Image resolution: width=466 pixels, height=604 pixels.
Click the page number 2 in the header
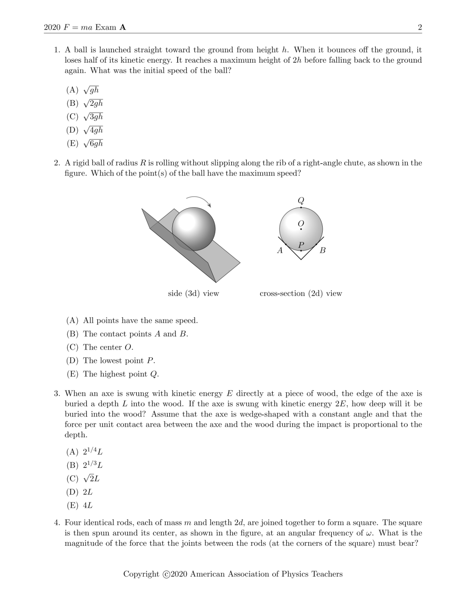point(420,28)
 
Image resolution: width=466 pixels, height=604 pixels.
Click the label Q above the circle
point(301,200)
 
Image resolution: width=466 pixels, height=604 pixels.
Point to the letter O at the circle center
point(301,223)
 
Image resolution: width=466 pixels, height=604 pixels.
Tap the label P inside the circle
point(301,245)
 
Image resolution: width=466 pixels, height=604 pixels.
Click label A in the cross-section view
point(280,250)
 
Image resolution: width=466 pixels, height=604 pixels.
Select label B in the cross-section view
point(323,250)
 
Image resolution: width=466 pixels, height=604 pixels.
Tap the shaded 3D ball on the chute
point(194,229)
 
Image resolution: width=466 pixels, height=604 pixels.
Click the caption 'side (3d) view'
point(193,293)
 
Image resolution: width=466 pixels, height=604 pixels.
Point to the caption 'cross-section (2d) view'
point(301,293)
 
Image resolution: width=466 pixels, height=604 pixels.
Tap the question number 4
point(57,523)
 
